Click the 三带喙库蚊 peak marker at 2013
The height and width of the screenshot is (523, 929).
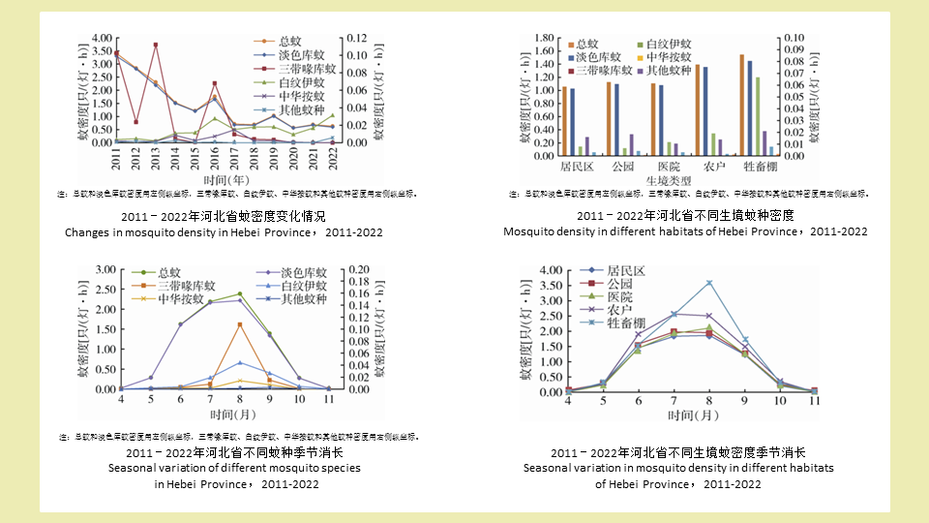click(156, 45)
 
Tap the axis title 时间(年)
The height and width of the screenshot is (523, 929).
click(228, 179)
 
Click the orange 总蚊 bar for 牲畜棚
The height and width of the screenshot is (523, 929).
click(741, 105)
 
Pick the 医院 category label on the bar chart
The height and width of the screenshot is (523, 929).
click(664, 167)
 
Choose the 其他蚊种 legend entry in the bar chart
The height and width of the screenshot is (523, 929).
click(669, 71)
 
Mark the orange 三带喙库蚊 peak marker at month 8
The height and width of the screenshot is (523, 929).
click(239, 324)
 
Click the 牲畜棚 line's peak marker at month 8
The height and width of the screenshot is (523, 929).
click(709, 283)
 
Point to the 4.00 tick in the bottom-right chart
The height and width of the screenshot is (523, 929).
click(551, 270)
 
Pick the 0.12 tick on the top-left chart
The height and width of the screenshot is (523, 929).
click(356, 38)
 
